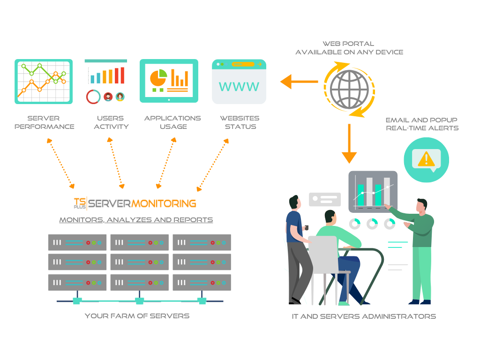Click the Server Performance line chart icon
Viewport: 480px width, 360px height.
pyautogui.click(x=44, y=81)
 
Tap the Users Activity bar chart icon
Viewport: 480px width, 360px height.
pyautogui.click(x=105, y=81)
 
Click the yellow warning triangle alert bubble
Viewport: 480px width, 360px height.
pyautogui.click(x=426, y=159)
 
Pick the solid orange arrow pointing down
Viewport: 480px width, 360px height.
pyautogui.click(x=349, y=143)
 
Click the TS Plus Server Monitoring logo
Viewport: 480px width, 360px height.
pyautogui.click(x=135, y=203)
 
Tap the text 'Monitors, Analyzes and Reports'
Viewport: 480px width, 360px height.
pyautogui.click(x=136, y=220)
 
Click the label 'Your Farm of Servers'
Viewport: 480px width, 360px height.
pyautogui.click(x=137, y=316)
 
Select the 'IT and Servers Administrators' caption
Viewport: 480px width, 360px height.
pyautogui.click(x=364, y=316)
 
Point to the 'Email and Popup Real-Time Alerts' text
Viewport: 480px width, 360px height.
pyautogui.click(x=422, y=124)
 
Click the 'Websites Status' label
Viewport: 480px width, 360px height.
pyautogui.click(x=240, y=122)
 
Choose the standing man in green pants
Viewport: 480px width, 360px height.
pyautogui.click(x=420, y=248)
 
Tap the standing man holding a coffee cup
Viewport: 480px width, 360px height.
pyautogui.click(x=297, y=248)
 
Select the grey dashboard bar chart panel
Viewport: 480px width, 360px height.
pyautogui.click(x=373, y=191)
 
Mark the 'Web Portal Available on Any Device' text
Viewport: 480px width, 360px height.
pyautogui.click(x=349, y=48)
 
